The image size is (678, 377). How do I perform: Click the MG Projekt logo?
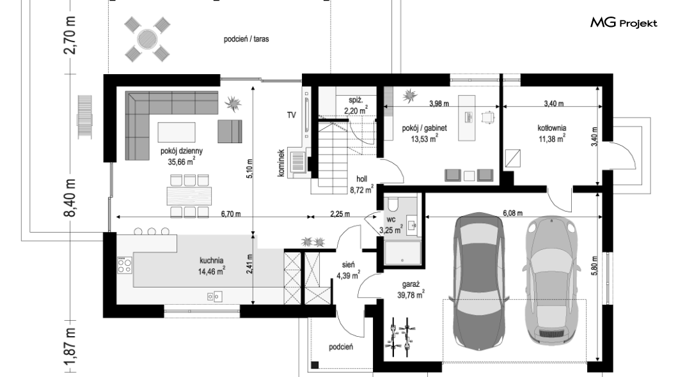pyautogui.click(x=624, y=22)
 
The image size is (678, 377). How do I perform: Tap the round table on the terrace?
pyautogui.click(x=148, y=40)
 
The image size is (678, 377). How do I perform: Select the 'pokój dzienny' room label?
pyautogui.click(x=181, y=151)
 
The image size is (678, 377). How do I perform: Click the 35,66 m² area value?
pyautogui.click(x=181, y=162)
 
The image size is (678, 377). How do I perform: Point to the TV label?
pyautogui.click(x=292, y=115)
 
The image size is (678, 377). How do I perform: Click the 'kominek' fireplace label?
pyautogui.click(x=281, y=163)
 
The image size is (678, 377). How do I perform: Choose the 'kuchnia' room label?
pyautogui.click(x=212, y=261)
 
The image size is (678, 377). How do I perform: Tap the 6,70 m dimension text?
pyautogui.click(x=231, y=214)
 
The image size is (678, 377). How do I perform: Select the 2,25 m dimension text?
pyautogui.click(x=340, y=214)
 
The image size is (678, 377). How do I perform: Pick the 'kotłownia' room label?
pyautogui.click(x=552, y=128)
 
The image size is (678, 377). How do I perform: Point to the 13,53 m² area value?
pyautogui.click(x=424, y=139)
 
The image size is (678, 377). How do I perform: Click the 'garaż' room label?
pyautogui.click(x=411, y=284)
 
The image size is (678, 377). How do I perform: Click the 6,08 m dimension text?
pyautogui.click(x=512, y=213)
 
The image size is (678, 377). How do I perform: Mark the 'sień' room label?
pyautogui.click(x=348, y=265)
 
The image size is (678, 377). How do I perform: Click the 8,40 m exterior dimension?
pyautogui.click(x=70, y=198)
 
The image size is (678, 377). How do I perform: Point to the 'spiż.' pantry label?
pyautogui.click(x=356, y=100)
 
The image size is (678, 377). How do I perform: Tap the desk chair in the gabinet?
pyautogui.click(x=488, y=116)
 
